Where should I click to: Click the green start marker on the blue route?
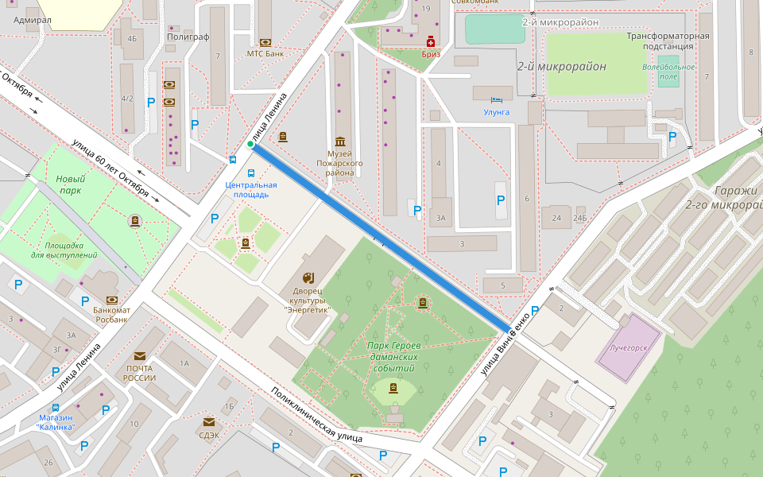point(250,144)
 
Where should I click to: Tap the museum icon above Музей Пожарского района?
point(341,141)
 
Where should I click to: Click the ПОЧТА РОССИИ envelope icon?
point(140,356)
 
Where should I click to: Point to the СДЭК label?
point(209,434)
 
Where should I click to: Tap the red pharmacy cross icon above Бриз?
point(431,41)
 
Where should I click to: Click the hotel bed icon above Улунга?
point(497,100)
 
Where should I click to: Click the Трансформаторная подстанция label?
point(668,41)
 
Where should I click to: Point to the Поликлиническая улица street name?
point(316,414)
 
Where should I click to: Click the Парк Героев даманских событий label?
point(393,357)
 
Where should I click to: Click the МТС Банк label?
point(265,54)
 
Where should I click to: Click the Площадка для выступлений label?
point(64,250)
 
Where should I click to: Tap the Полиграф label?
point(188,37)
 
